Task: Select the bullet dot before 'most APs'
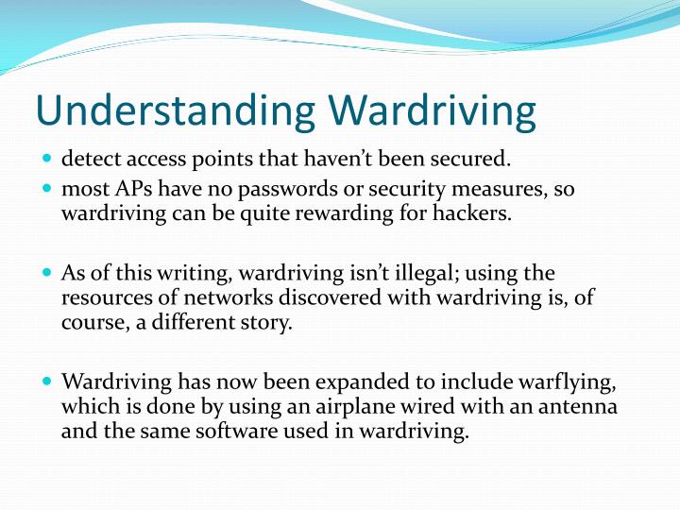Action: click(x=48, y=189)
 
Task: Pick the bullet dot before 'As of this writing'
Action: click(x=48, y=274)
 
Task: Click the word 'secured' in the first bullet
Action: click(x=470, y=159)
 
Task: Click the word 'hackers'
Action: click(x=476, y=212)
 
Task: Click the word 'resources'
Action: click(x=102, y=297)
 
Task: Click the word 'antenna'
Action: click(x=583, y=407)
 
